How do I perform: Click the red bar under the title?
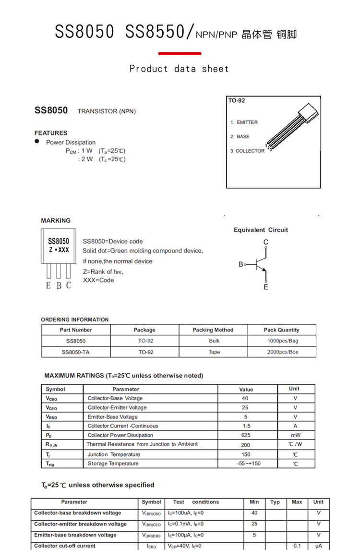pyautogui.click(x=180, y=53)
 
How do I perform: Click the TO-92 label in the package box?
pyautogui.click(x=237, y=101)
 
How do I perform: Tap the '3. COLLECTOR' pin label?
pyautogui.click(x=247, y=151)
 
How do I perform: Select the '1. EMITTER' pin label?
pyautogui.click(x=244, y=122)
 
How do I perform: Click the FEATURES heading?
pyautogui.click(x=51, y=133)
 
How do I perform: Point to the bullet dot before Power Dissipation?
pyautogui.click(x=37, y=142)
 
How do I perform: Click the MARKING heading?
pyautogui.click(x=56, y=220)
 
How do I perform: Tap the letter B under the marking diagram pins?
pyautogui.click(x=59, y=286)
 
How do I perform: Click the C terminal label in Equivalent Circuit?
pyautogui.click(x=266, y=242)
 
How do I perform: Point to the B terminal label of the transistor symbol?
pyautogui.click(x=241, y=264)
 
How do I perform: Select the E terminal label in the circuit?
pyautogui.click(x=266, y=287)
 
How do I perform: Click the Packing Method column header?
pyautogui.click(x=213, y=330)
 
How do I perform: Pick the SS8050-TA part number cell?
pyautogui.click(x=76, y=352)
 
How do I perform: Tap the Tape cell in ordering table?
pyautogui.click(x=214, y=352)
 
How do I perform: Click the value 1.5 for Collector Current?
pyautogui.click(x=246, y=426)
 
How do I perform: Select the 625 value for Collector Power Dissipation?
pyautogui.click(x=246, y=435)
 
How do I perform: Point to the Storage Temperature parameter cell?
pyautogui.click(x=113, y=464)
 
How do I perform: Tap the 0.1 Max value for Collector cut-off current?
pyautogui.click(x=297, y=546)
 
